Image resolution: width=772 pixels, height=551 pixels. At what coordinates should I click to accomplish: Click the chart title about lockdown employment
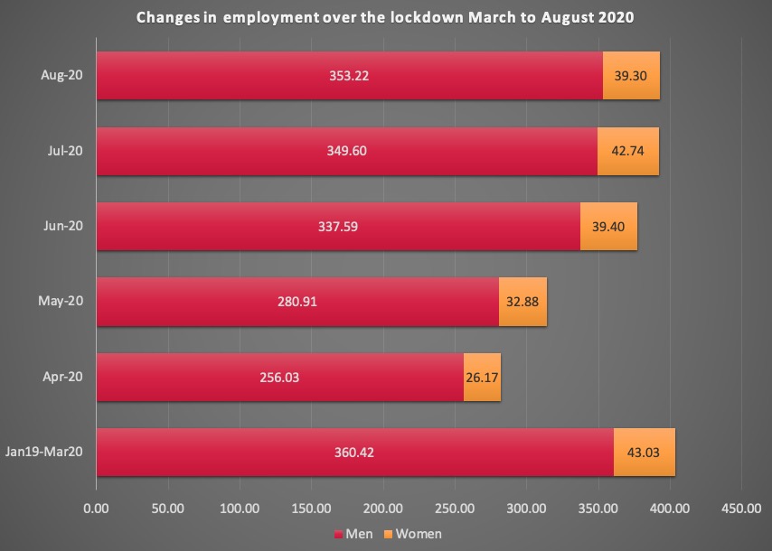pos(386,18)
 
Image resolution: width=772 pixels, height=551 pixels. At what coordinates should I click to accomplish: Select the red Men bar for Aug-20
pos(271,76)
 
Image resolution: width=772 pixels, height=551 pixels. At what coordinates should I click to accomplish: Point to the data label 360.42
pos(354,452)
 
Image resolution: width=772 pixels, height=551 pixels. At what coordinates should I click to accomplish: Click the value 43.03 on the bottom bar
pos(645,452)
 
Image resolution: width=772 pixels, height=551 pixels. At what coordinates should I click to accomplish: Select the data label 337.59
pos(337,227)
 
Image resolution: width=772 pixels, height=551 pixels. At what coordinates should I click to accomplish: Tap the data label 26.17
pos(482,377)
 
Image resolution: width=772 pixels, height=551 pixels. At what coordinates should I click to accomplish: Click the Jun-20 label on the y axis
pos(62,226)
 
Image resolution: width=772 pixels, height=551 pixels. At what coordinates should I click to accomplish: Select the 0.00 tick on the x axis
pos(96,509)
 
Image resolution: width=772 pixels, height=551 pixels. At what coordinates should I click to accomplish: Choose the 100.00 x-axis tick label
pos(240,509)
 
